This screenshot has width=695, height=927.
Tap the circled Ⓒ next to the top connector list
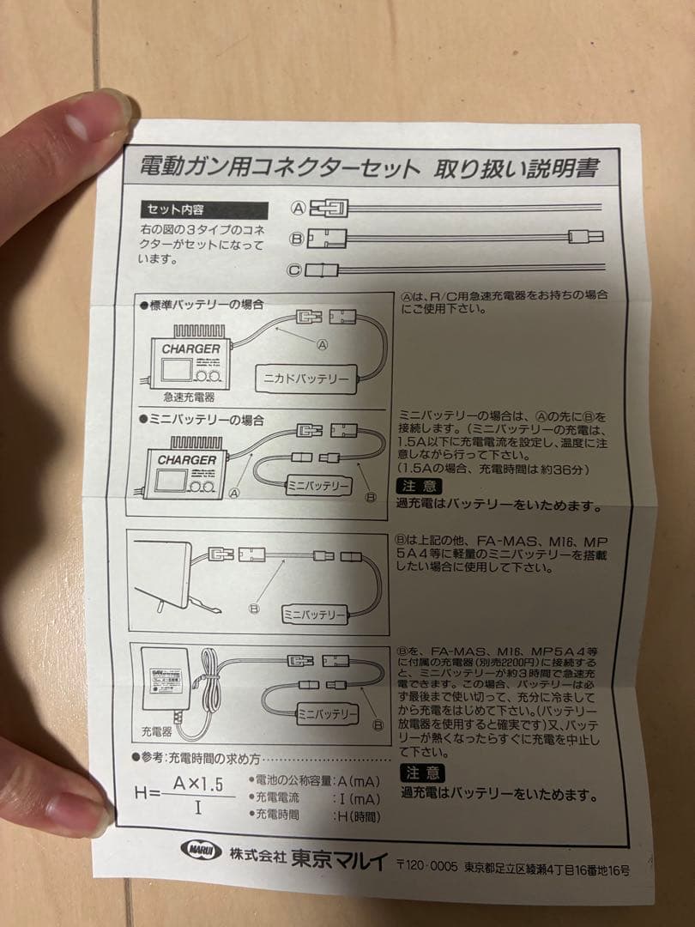coord(294,270)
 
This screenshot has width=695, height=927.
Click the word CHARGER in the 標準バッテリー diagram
coord(190,349)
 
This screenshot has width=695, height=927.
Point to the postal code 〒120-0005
coord(426,866)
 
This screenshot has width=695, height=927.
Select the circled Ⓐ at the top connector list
coord(298,208)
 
